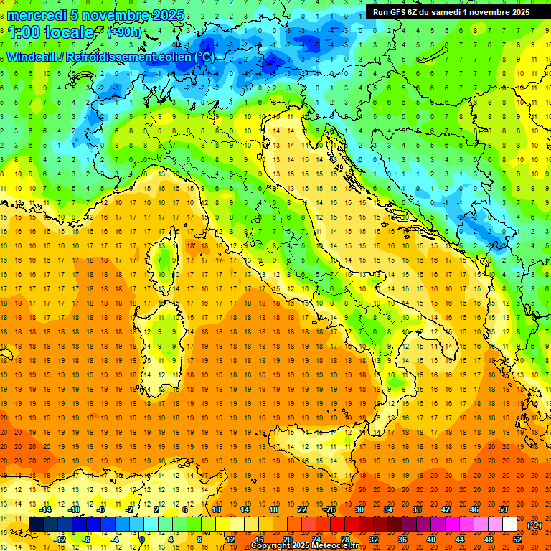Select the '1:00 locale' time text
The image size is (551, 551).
[x=51, y=32]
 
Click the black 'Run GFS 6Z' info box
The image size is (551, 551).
[x=451, y=11]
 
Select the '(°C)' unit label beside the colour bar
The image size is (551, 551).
[x=534, y=525]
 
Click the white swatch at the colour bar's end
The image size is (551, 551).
[x=510, y=524]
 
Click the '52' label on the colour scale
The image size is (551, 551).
[x=517, y=539]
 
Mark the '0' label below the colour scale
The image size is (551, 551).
[x=142, y=539]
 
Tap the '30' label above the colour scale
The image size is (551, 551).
[x=359, y=509]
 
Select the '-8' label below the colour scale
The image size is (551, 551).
[x=87, y=539]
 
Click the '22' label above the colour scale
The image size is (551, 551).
[x=302, y=509]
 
